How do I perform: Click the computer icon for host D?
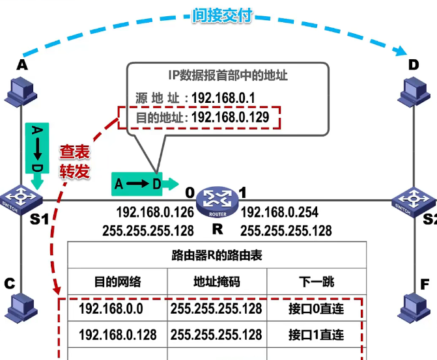click(x=414, y=92)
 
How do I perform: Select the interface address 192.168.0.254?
click(x=279, y=212)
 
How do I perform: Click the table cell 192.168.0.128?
click(x=118, y=334)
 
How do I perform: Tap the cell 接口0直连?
click(x=316, y=309)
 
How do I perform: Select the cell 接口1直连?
click(x=316, y=334)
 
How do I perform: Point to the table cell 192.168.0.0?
click(x=111, y=309)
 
